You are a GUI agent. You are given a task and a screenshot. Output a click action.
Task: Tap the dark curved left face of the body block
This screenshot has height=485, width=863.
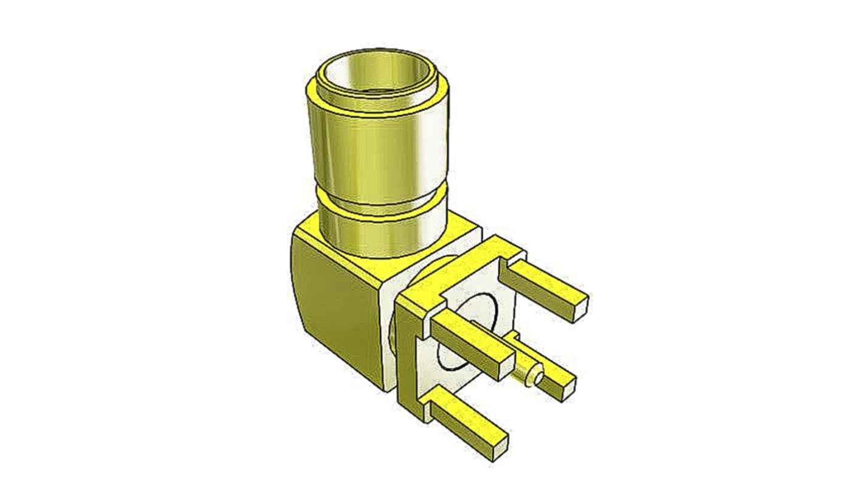point(331,304)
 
